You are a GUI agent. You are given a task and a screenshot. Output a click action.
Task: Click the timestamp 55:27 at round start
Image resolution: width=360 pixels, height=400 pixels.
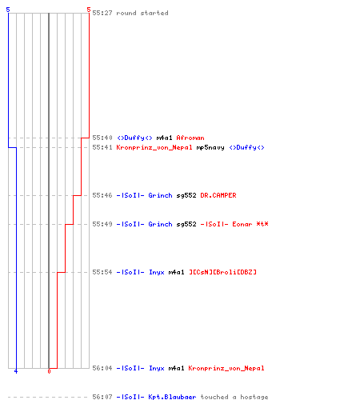102,13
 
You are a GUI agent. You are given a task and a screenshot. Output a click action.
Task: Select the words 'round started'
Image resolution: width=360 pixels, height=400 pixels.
142,13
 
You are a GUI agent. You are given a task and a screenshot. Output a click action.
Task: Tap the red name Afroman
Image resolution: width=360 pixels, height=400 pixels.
190,138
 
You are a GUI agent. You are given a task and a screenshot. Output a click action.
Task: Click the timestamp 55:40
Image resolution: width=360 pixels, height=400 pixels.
102,138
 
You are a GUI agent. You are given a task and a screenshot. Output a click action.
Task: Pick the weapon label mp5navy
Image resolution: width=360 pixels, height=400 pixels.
210,147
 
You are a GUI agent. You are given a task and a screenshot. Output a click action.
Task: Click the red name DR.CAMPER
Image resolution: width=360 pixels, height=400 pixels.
218,195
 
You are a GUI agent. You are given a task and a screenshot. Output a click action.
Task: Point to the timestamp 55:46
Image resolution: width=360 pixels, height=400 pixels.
102,195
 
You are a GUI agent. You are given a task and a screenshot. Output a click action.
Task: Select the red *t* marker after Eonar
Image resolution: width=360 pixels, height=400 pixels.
262,224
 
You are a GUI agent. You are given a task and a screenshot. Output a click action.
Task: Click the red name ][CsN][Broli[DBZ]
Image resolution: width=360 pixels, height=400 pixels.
222,272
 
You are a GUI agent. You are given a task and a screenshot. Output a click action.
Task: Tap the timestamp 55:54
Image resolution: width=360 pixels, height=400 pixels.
102,272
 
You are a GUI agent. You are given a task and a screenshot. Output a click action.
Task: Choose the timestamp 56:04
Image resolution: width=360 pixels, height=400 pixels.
102,368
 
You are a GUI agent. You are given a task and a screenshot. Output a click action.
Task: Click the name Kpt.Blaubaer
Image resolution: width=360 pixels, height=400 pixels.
172,397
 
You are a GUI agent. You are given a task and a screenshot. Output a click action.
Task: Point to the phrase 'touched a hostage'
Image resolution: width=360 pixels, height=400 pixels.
234,397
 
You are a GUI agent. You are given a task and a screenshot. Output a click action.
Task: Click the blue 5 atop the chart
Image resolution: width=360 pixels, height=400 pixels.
8,10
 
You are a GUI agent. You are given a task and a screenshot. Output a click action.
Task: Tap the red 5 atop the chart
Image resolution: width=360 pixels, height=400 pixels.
89,10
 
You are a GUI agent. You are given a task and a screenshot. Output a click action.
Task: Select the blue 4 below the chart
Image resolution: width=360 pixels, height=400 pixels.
16,371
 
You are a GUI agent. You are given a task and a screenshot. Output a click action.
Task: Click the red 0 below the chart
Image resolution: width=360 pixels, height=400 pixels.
49,371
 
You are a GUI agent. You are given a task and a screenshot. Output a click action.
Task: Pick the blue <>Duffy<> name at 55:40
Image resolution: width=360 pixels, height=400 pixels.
134,138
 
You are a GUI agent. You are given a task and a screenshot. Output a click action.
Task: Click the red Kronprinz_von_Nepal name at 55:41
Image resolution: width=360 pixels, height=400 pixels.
154,147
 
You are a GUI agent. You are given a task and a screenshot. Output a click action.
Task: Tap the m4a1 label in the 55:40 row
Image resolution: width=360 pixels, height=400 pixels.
164,138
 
